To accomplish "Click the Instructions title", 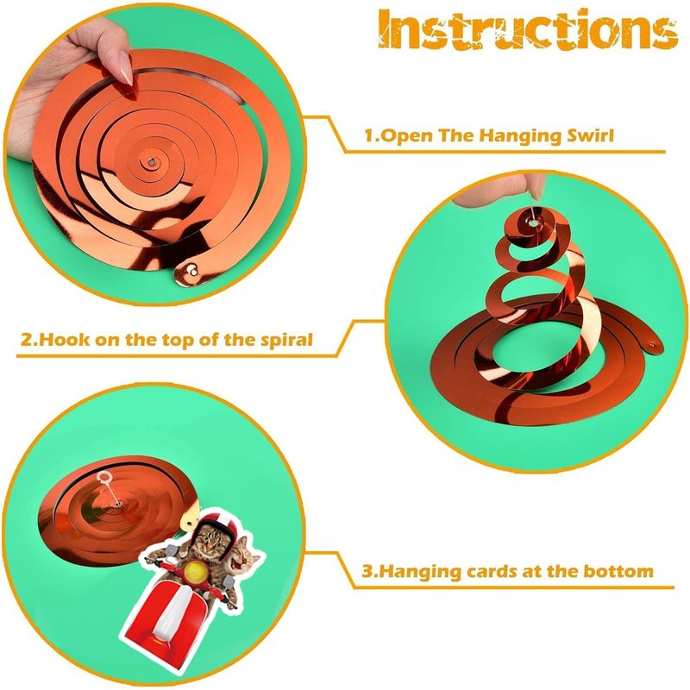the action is coord(528,29).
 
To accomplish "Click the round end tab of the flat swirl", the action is coord(190,271).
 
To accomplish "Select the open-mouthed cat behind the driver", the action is coord(243,559).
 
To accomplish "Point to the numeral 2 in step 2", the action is coord(26,339).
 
